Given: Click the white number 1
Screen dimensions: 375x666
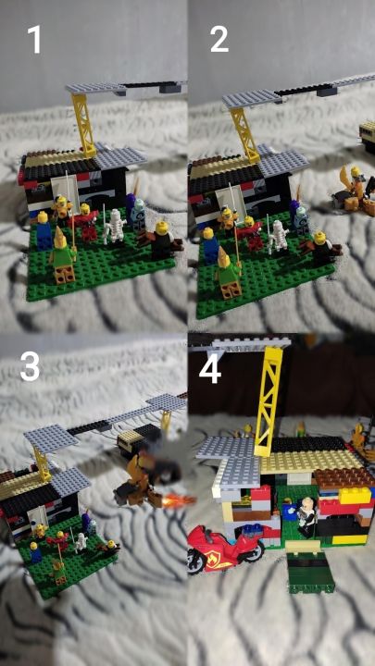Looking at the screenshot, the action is click(x=34, y=39).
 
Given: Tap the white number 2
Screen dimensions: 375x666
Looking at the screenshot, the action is click(x=219, y=39).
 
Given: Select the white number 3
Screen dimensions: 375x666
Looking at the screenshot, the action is click(x=30, y=365).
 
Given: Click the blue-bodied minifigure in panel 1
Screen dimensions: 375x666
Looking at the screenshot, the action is click(x=44, y=230).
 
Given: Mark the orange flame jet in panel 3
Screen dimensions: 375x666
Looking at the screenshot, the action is click(x=177, y=501).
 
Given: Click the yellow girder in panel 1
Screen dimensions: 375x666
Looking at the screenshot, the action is click(x=83, y=124).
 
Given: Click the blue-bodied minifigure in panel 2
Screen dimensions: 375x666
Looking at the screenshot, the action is click(x=209, y=247).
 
